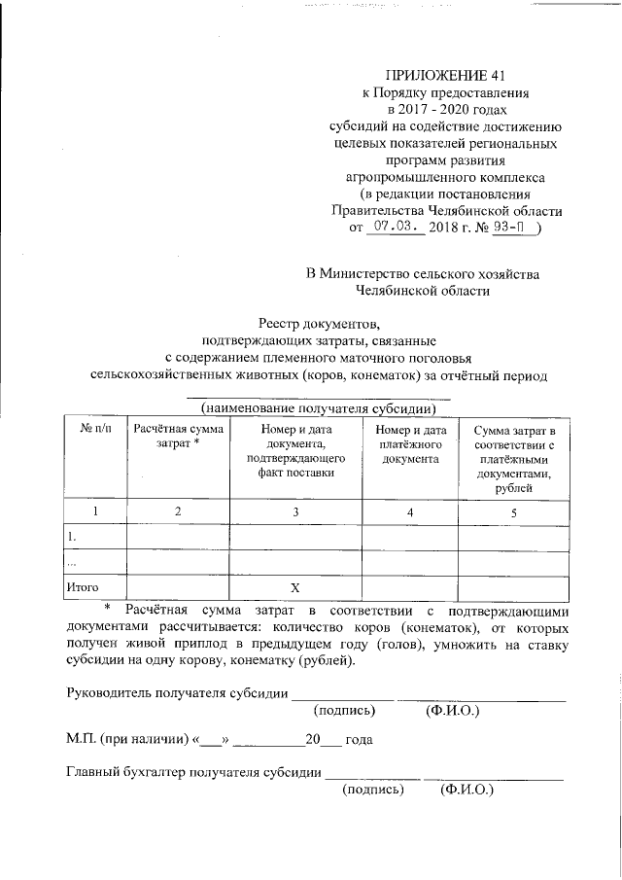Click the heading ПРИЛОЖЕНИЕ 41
(446, 75)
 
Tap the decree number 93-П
(513, 229)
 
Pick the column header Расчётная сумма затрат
(178, 436)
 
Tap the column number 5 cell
(513, 511)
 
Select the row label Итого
(82, 587)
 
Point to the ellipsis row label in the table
(70, 562)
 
